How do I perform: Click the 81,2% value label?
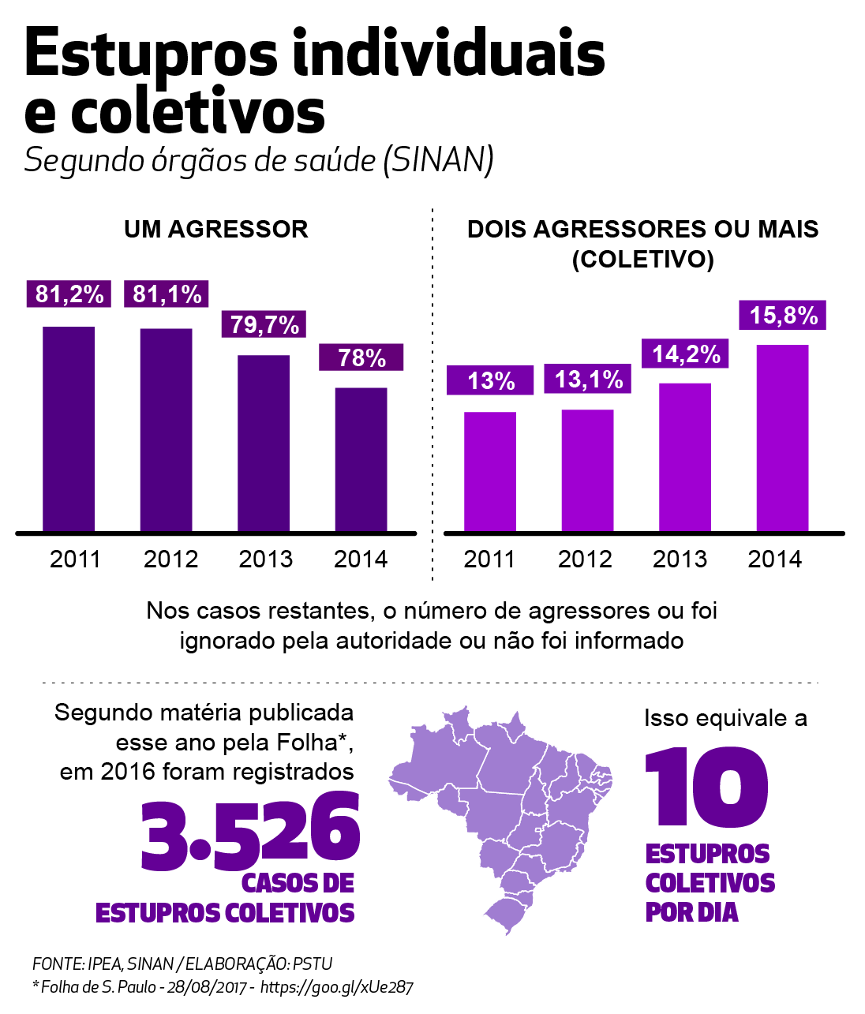coord(69,294)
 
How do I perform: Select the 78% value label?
coord(361,357)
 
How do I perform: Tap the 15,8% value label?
coord(783,315)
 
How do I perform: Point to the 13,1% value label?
coord(588,380)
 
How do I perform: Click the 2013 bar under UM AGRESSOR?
coord(264,443)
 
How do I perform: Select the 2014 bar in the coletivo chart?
coord(782,438)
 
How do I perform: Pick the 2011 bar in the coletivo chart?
coord(490,471)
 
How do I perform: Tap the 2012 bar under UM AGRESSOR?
coord(167,429)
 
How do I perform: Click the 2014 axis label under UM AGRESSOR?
coord(361,559)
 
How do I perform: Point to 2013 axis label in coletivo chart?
coord(680,559)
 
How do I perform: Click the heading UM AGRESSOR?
coord(216,230)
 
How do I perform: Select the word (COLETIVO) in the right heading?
coord(642,259)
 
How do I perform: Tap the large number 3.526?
coord(250,833)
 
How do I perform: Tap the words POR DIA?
coord(691,912)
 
